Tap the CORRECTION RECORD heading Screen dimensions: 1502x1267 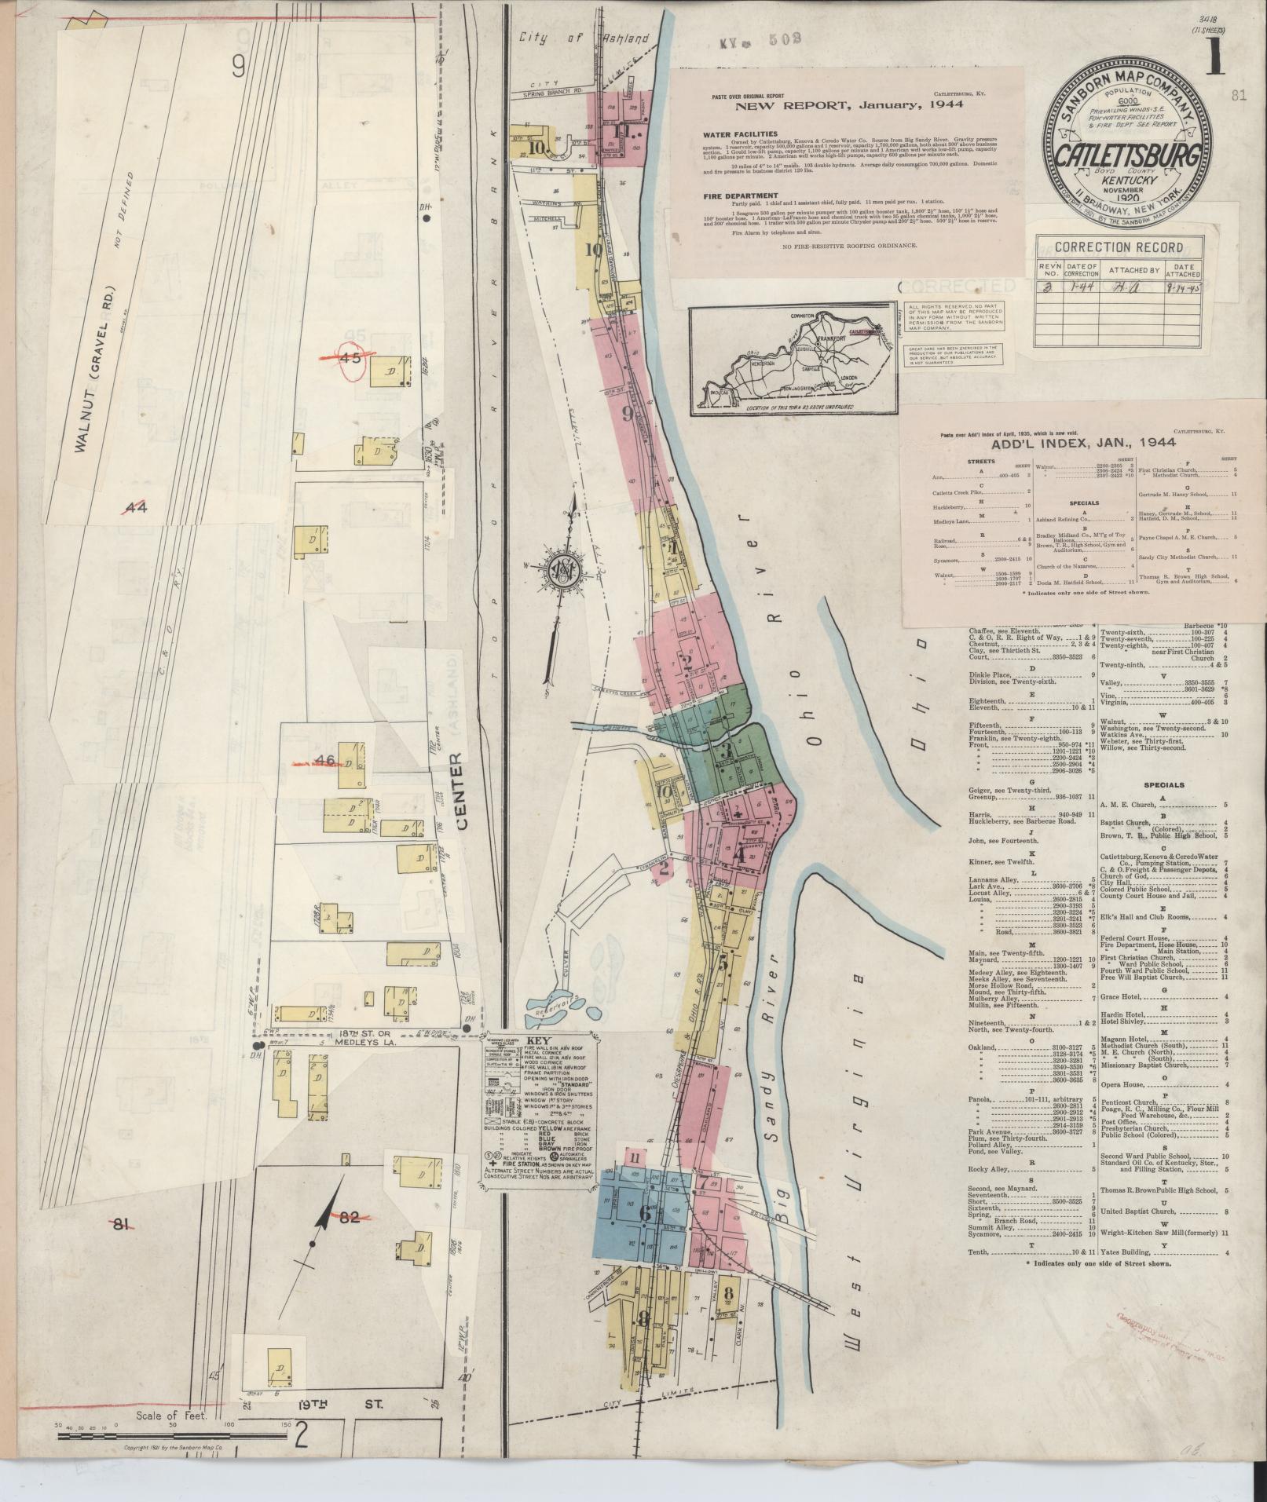[x=1119, y=247]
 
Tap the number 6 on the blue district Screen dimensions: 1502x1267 [x=645, y=1213]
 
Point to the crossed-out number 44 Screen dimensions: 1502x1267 [x=136, y=507]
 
